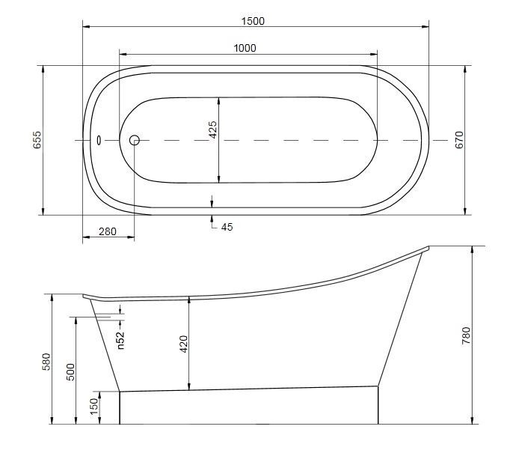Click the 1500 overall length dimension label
[254, 21]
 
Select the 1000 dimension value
[245, 48]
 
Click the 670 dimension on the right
[460, 140]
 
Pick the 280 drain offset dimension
[108, 232]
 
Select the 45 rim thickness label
[226, 226]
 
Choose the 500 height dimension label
[70, 372]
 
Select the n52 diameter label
[120, 341]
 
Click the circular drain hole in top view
[135, 140]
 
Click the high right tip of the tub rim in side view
[429, 247]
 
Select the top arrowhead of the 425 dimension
[218, 100]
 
